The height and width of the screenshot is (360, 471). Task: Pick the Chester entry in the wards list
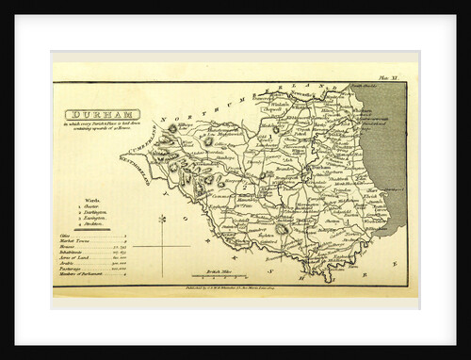90,206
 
